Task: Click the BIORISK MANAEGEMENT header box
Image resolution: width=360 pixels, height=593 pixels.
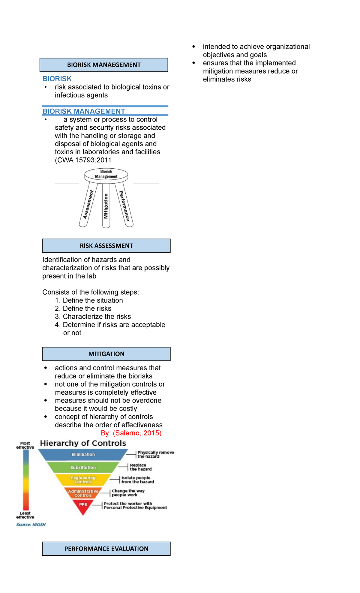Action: click(x=104, y=65)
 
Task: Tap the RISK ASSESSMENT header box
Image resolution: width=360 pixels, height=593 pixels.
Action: click(x=106, y=246)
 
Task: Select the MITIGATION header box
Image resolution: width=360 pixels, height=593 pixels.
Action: click(x=106, y=354)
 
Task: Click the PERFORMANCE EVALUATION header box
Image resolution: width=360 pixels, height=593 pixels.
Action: click(x=106, y=549)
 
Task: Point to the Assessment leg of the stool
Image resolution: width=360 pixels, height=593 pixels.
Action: click(x=88, y=205)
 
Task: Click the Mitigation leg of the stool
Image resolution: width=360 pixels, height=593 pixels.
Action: click(x=106, y=206)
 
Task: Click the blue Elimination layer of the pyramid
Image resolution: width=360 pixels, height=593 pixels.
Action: click(x=83, y=455)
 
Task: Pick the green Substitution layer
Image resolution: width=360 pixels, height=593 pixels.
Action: click(x=83, y=468)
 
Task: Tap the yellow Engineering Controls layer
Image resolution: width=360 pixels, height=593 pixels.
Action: click(x=83, y=480)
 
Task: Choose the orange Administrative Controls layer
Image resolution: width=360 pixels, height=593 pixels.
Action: click(x=83, y=493)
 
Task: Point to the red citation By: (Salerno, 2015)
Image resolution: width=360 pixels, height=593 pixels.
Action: click(x=131, y=433)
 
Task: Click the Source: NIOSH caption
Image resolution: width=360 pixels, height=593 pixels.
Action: click(x=31, y=525)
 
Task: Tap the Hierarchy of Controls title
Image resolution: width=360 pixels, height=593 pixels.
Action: click(x=83, y=443)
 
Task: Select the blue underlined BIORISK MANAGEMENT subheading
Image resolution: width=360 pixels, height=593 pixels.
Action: click(x=84, y=111)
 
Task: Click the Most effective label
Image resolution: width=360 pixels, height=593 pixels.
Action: click(x=25, y=445)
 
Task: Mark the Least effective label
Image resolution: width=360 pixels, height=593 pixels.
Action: click(x=25, y=515)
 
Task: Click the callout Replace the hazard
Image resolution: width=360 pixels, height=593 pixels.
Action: click(x=140, y=467)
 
